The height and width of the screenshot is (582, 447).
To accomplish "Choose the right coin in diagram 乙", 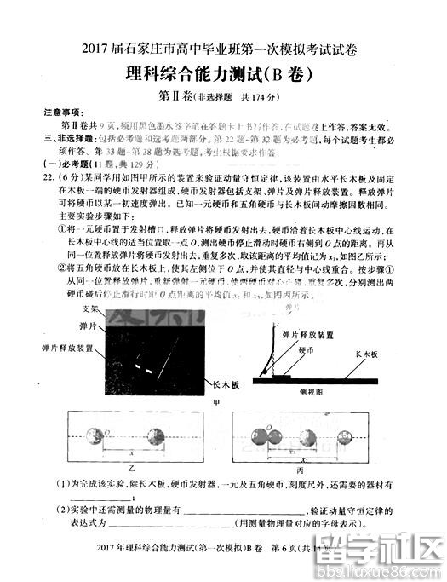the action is pos(156,438).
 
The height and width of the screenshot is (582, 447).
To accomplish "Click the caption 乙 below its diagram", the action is pos(132,469).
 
